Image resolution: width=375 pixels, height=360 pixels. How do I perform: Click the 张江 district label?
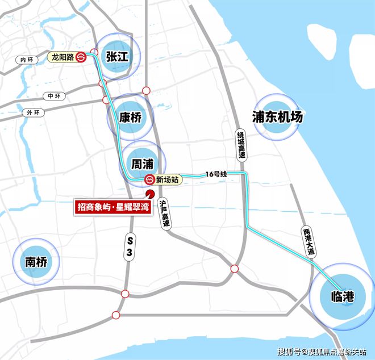tap(117, 57)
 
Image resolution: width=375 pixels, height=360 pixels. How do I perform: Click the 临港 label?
tap(343, 296)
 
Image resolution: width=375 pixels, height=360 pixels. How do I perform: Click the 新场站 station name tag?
tap(168, 180)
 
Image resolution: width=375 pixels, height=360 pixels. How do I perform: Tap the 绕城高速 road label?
tap(240, 145)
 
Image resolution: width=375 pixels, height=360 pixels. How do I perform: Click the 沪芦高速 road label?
tap(165, 213)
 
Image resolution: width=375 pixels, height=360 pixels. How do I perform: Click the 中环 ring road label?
tap(54, 96)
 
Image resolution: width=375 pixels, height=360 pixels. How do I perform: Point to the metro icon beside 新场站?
tap(149, 180)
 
